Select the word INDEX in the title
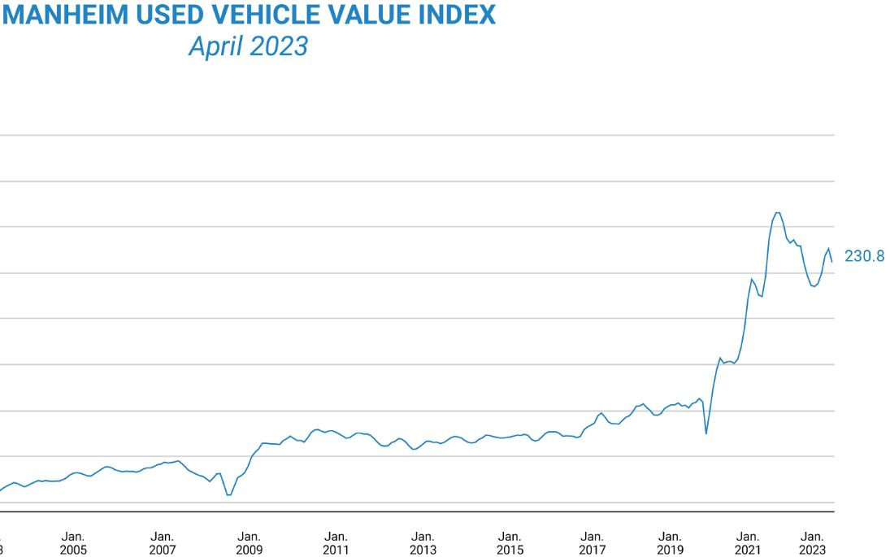(457, 15)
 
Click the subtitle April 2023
(248, 46)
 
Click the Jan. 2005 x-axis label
(73, 543)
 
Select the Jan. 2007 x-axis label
(162, 543)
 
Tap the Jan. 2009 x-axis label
(249, 543)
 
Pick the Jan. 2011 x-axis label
(336, 543)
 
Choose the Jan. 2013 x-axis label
(423, 543)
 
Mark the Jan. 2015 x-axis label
(510, 543)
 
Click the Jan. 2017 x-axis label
(593, 543)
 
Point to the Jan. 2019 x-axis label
(670, 543)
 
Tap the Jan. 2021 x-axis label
(748, 543)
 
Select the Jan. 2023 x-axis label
(813, 543)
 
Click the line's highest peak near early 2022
(777, 213)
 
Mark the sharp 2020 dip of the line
(705, 433)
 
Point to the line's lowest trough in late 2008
(228, 494)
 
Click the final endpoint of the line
(832, 262)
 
